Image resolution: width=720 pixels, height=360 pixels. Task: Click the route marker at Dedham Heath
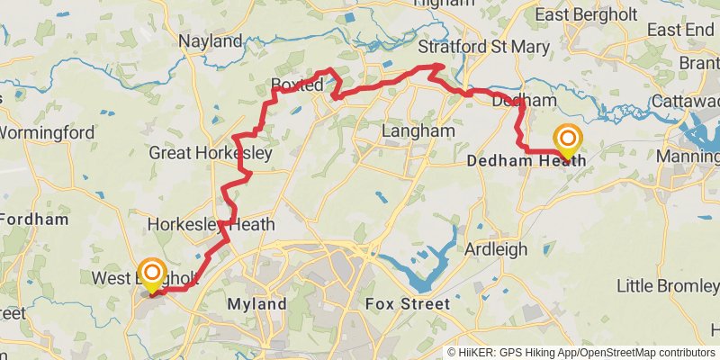(x=568, y=139)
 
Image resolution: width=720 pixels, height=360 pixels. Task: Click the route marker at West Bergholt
(x=152, y=273)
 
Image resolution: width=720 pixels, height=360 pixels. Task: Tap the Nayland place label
(x=211, y=41)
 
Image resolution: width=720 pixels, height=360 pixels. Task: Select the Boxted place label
(x=297, y=86)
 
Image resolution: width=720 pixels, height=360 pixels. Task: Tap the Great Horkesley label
(x=210, y=154)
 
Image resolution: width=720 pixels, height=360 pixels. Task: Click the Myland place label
(x=256, y=304)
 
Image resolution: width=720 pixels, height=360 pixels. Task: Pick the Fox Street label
(x=407, y=304)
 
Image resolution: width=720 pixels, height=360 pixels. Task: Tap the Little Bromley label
(x=666, y=286)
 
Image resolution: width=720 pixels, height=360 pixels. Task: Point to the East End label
(x=679, y=31)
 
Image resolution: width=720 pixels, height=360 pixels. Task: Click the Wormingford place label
(x=47, y=133)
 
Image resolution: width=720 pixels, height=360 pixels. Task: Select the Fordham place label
(x=36, y=219)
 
